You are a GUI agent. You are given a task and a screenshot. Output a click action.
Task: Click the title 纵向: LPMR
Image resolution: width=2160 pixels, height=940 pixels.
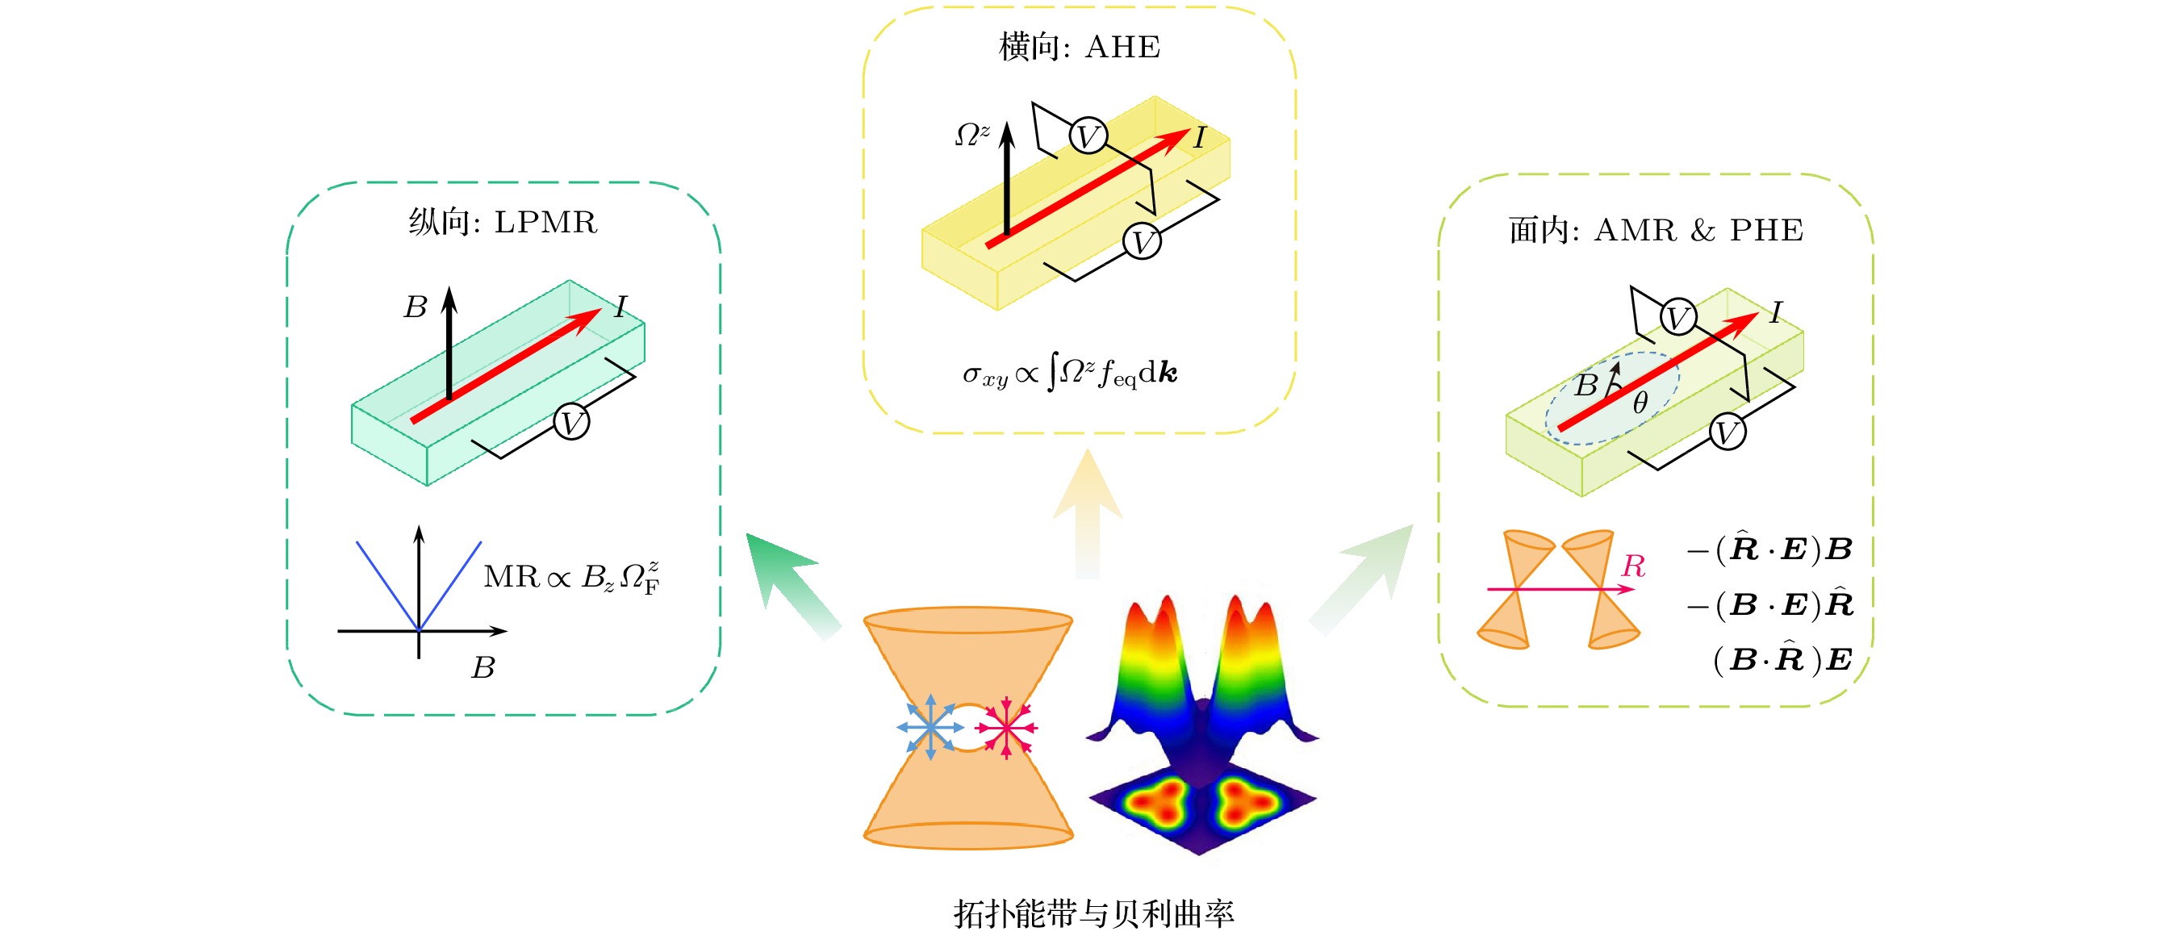503,222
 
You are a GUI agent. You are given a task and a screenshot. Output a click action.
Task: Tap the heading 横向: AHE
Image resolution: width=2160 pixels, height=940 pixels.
1079,47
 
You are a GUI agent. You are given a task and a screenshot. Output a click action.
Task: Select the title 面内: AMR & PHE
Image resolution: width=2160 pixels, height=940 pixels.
1655,230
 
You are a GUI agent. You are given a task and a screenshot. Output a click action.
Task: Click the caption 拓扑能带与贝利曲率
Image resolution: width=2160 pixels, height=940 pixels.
1093,913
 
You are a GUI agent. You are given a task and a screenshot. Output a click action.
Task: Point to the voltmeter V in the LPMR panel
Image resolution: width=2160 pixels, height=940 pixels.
571,422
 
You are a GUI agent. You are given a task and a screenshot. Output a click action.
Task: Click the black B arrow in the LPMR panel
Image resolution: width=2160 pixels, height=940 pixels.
449,344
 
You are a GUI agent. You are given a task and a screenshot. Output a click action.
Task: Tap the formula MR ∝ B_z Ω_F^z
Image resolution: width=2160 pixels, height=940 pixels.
572,577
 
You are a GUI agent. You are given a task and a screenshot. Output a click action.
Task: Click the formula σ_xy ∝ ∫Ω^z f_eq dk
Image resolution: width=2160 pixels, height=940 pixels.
1070,373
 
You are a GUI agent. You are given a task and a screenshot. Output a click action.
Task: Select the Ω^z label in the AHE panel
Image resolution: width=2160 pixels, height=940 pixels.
971,134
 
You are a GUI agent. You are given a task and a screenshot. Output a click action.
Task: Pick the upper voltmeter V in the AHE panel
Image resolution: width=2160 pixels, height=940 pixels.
1088,136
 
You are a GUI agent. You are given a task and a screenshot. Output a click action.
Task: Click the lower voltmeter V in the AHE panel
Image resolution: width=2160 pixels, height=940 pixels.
1141,241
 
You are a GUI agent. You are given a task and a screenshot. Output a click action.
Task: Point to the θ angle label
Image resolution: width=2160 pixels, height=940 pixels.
1640,403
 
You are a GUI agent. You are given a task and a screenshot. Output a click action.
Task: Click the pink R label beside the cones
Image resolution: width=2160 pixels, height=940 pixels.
1632,566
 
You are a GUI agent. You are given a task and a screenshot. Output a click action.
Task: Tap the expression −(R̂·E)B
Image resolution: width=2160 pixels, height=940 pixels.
1769,549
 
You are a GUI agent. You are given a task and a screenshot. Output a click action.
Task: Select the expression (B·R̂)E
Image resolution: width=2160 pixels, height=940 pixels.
1781,660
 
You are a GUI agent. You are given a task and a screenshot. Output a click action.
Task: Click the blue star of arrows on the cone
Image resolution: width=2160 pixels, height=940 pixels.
930,727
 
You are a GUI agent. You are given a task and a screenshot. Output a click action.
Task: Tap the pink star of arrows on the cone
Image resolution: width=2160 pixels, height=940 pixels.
1006,727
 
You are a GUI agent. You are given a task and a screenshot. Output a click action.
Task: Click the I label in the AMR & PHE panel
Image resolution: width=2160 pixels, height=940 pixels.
1775,313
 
